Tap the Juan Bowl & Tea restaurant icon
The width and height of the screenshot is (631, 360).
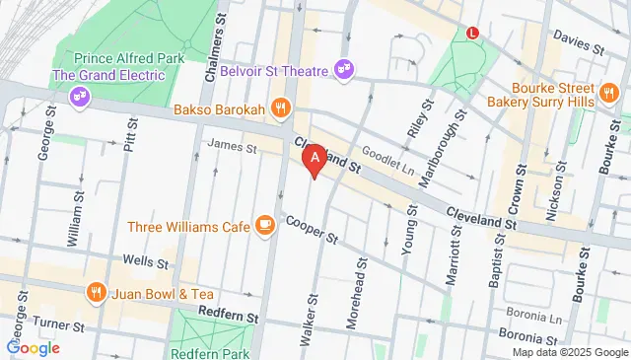[97, 292]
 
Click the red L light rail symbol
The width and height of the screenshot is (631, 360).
[472, 32]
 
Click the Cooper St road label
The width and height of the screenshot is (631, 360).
[312, 230]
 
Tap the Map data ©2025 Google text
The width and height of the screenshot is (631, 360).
[569, 352]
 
